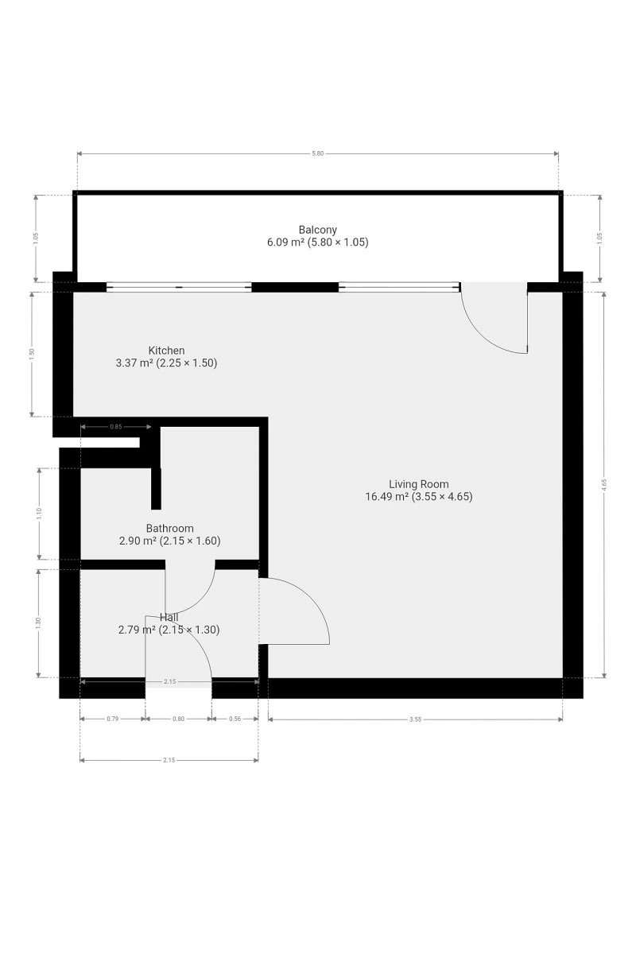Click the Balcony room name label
coord(317,230)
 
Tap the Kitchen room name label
coord(166,351)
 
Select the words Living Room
coord(418,484)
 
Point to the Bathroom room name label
coord(169,529)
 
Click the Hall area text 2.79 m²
coord(136,630)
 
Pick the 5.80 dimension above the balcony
coord(317,153)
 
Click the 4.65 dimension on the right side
coord(604,485)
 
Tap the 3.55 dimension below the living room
coord(415,719)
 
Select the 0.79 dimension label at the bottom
coord(112,719)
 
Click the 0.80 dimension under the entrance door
coord(179,719)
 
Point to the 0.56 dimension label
coord(235,719)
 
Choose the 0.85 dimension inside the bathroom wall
coord(116,426)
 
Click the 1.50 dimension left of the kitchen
coord(32,355)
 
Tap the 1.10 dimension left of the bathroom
coord(39,514)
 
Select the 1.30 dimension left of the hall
coord(38,623)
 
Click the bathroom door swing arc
coord(200,601)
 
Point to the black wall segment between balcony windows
coord(295,287)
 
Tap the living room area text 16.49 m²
coord(387,497)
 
